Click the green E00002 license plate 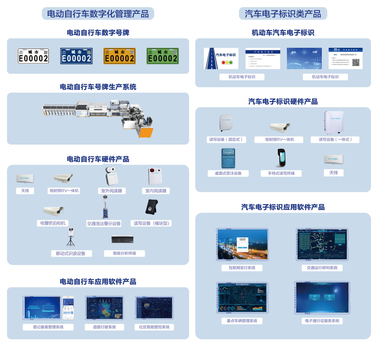[163, 56]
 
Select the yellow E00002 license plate [119, 56]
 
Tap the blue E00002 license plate [76, 56]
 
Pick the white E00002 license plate [33, 56]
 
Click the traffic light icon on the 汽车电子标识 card [227, 63]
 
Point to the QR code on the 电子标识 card [356, 62]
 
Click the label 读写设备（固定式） [226, 140]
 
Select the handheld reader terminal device [282, 158]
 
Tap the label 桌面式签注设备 [228, 173]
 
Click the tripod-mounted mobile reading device [71, 237]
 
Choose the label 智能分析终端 [124, 253]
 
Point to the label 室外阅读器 [112, 191]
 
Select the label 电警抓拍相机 [53, 223]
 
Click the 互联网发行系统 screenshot [242, 245]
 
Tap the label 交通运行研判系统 [322, 268]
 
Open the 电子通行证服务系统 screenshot [322, 298]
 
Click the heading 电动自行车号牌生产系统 [98, 87]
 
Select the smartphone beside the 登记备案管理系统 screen [68, 308]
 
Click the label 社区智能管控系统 [154, 327]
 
